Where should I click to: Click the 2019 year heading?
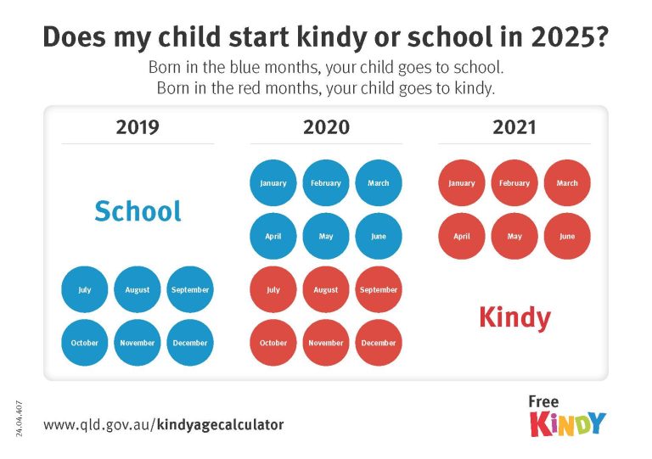click(x=138, y=127)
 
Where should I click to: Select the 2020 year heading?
click(x=326, y=127)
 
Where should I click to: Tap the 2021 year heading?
click(x=514, y=127)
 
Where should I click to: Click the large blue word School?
click(x=138, y=211)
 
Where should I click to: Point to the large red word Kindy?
click(x=514, y=317)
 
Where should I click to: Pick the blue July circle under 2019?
click(x=85, y=289)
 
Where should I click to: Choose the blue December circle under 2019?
click(x=190, y=343)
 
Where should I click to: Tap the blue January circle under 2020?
click(x=273, y=183)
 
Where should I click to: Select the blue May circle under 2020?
click(x=326, y=237)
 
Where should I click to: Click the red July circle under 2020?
click(x=273, y=289)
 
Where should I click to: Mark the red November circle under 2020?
click(x=326, y=343)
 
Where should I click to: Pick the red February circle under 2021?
click(x=514, y=183)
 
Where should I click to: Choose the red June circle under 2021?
click(x=567, y=237)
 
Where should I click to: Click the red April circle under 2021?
click(x=462, y=237)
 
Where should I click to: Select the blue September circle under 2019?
click(x=190, y=289)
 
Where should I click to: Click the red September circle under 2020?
click(x=379, y=289)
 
